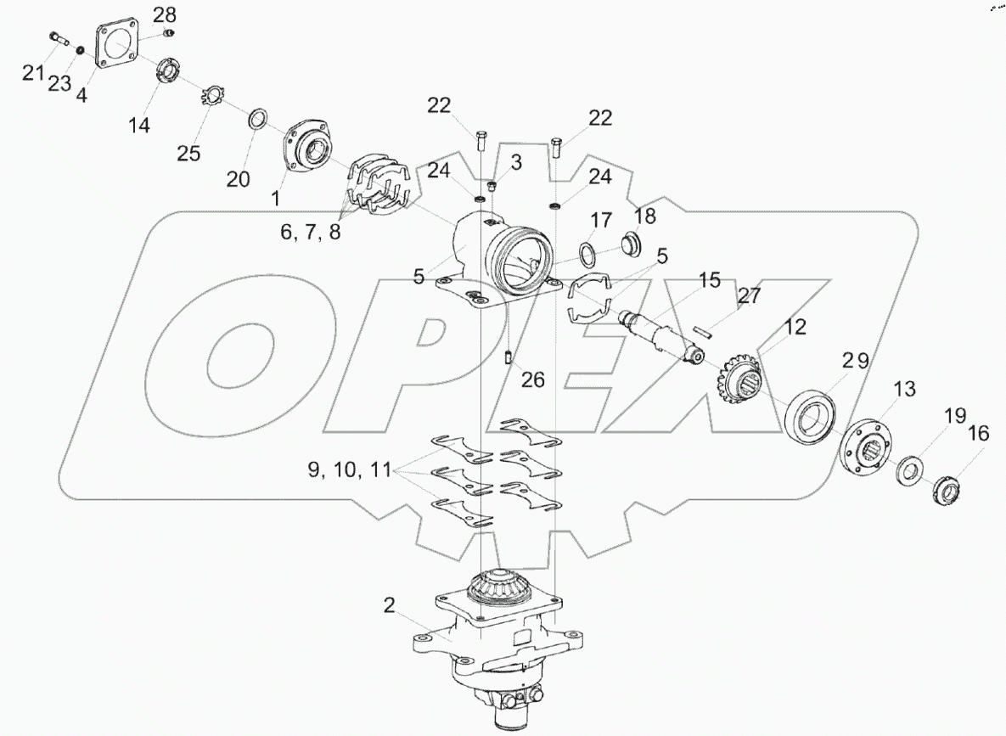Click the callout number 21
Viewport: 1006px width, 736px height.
point(33,73)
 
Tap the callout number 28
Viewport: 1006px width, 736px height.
point(166,14)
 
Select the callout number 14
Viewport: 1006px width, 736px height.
point(139,125)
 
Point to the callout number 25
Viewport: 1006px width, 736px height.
point(188,153)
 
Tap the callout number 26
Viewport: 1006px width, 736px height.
point(532,379)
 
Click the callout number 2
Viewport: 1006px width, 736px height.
point(389,606)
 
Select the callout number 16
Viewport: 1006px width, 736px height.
point(979,434)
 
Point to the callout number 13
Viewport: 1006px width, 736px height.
point(904,389)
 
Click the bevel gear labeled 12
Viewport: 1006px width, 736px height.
point(738,389)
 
